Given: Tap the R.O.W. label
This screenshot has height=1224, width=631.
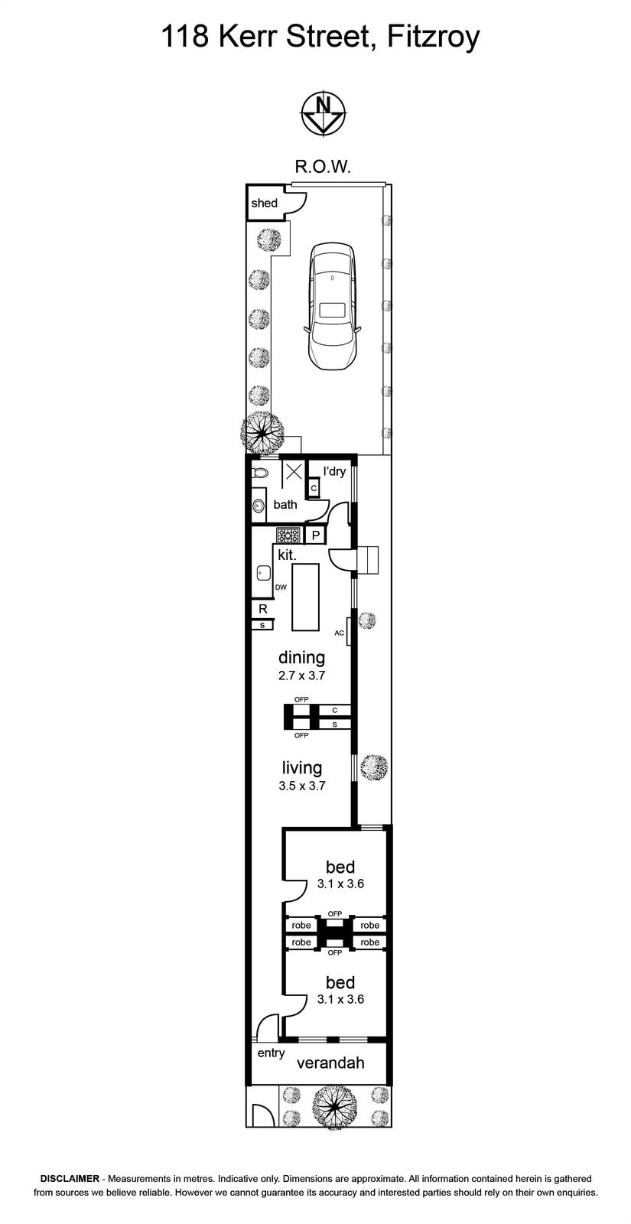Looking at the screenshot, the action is pyautogui.click(x=318, y=166).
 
